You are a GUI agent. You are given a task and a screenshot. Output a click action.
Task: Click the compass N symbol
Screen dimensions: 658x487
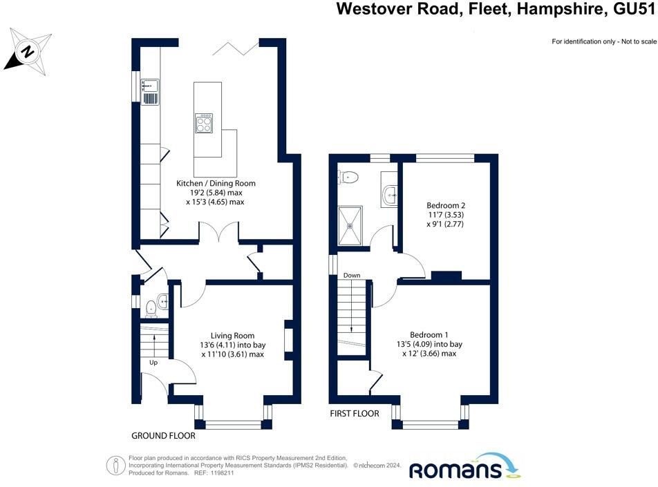tap(28, 52)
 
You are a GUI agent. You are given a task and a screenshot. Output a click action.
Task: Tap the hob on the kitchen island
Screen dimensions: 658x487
tap(204, 124)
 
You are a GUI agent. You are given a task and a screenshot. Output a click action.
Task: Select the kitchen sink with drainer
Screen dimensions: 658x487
tap(150, 91)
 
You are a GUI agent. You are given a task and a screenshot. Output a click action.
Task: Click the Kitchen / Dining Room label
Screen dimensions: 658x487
tap(216, 183)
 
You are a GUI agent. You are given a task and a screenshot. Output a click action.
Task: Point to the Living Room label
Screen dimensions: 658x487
tap(232, 336)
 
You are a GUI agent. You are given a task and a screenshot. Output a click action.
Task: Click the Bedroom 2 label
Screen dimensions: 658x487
tap(446, 206)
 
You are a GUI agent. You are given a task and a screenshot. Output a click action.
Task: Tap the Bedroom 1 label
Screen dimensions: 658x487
tap(429, 335)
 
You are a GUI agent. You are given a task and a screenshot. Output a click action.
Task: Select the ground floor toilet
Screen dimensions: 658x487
tap(151, 309)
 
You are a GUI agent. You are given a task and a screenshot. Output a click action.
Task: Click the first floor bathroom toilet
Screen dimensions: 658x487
tap(348, 178)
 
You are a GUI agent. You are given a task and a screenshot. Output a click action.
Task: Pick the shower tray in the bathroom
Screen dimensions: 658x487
tap(350, 226)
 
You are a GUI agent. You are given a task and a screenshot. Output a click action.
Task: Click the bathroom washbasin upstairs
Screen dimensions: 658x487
tap(390, 195)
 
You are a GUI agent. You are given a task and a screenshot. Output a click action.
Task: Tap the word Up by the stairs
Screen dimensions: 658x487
tap(153, 363)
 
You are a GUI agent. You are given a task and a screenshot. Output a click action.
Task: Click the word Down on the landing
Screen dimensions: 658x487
tap(352, 275)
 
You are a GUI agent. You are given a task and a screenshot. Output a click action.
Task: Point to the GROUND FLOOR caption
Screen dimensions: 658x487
tap(163, 436)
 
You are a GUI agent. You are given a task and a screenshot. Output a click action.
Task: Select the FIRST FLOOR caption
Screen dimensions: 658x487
tap(355, 414)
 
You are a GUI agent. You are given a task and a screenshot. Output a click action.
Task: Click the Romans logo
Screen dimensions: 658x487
tap(464, 466)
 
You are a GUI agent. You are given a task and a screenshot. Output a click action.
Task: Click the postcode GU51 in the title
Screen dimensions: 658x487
tap(634, 8)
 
